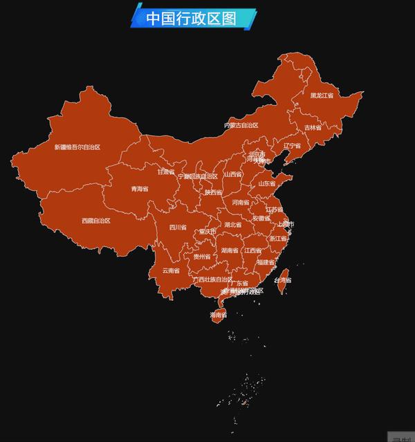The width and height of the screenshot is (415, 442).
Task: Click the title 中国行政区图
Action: [192, 18]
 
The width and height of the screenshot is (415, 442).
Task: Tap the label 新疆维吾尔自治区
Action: [77, 147]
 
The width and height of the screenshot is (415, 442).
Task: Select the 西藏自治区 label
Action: [95, 221]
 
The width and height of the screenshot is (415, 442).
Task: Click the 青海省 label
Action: [140, 188]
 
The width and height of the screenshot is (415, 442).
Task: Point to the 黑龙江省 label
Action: [322, 95]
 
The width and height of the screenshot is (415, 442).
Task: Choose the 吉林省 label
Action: [313, 127]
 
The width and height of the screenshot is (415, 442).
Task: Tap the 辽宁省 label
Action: [292, 146]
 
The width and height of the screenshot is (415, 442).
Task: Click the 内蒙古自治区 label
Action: [241, 125]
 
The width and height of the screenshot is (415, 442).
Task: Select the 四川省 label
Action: [178, 227]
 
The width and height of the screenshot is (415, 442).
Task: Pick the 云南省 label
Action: [171, 270]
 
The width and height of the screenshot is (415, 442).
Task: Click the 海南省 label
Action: [218, 315]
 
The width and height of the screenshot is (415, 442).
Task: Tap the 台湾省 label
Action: [283, 280]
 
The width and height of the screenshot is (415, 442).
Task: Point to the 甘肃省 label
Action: [165, 172]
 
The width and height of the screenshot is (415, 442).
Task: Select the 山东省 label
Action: [267, 184]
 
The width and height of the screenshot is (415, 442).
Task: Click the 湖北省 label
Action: [233, 225]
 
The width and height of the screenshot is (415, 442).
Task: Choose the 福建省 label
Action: [265, 262]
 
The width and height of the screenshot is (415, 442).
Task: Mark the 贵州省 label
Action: [202, 256]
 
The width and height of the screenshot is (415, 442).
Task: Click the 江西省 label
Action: [252, 250]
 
